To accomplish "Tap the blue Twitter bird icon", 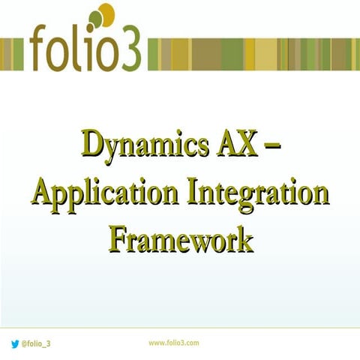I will pyautogui.click(x=15, y=343).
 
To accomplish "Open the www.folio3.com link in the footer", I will pyautogui.click(x=173, y=342).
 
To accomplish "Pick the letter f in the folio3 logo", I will pyautogui.click(x=41, y=49).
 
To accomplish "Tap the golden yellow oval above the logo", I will pyautogui.click(x=106, y=12).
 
